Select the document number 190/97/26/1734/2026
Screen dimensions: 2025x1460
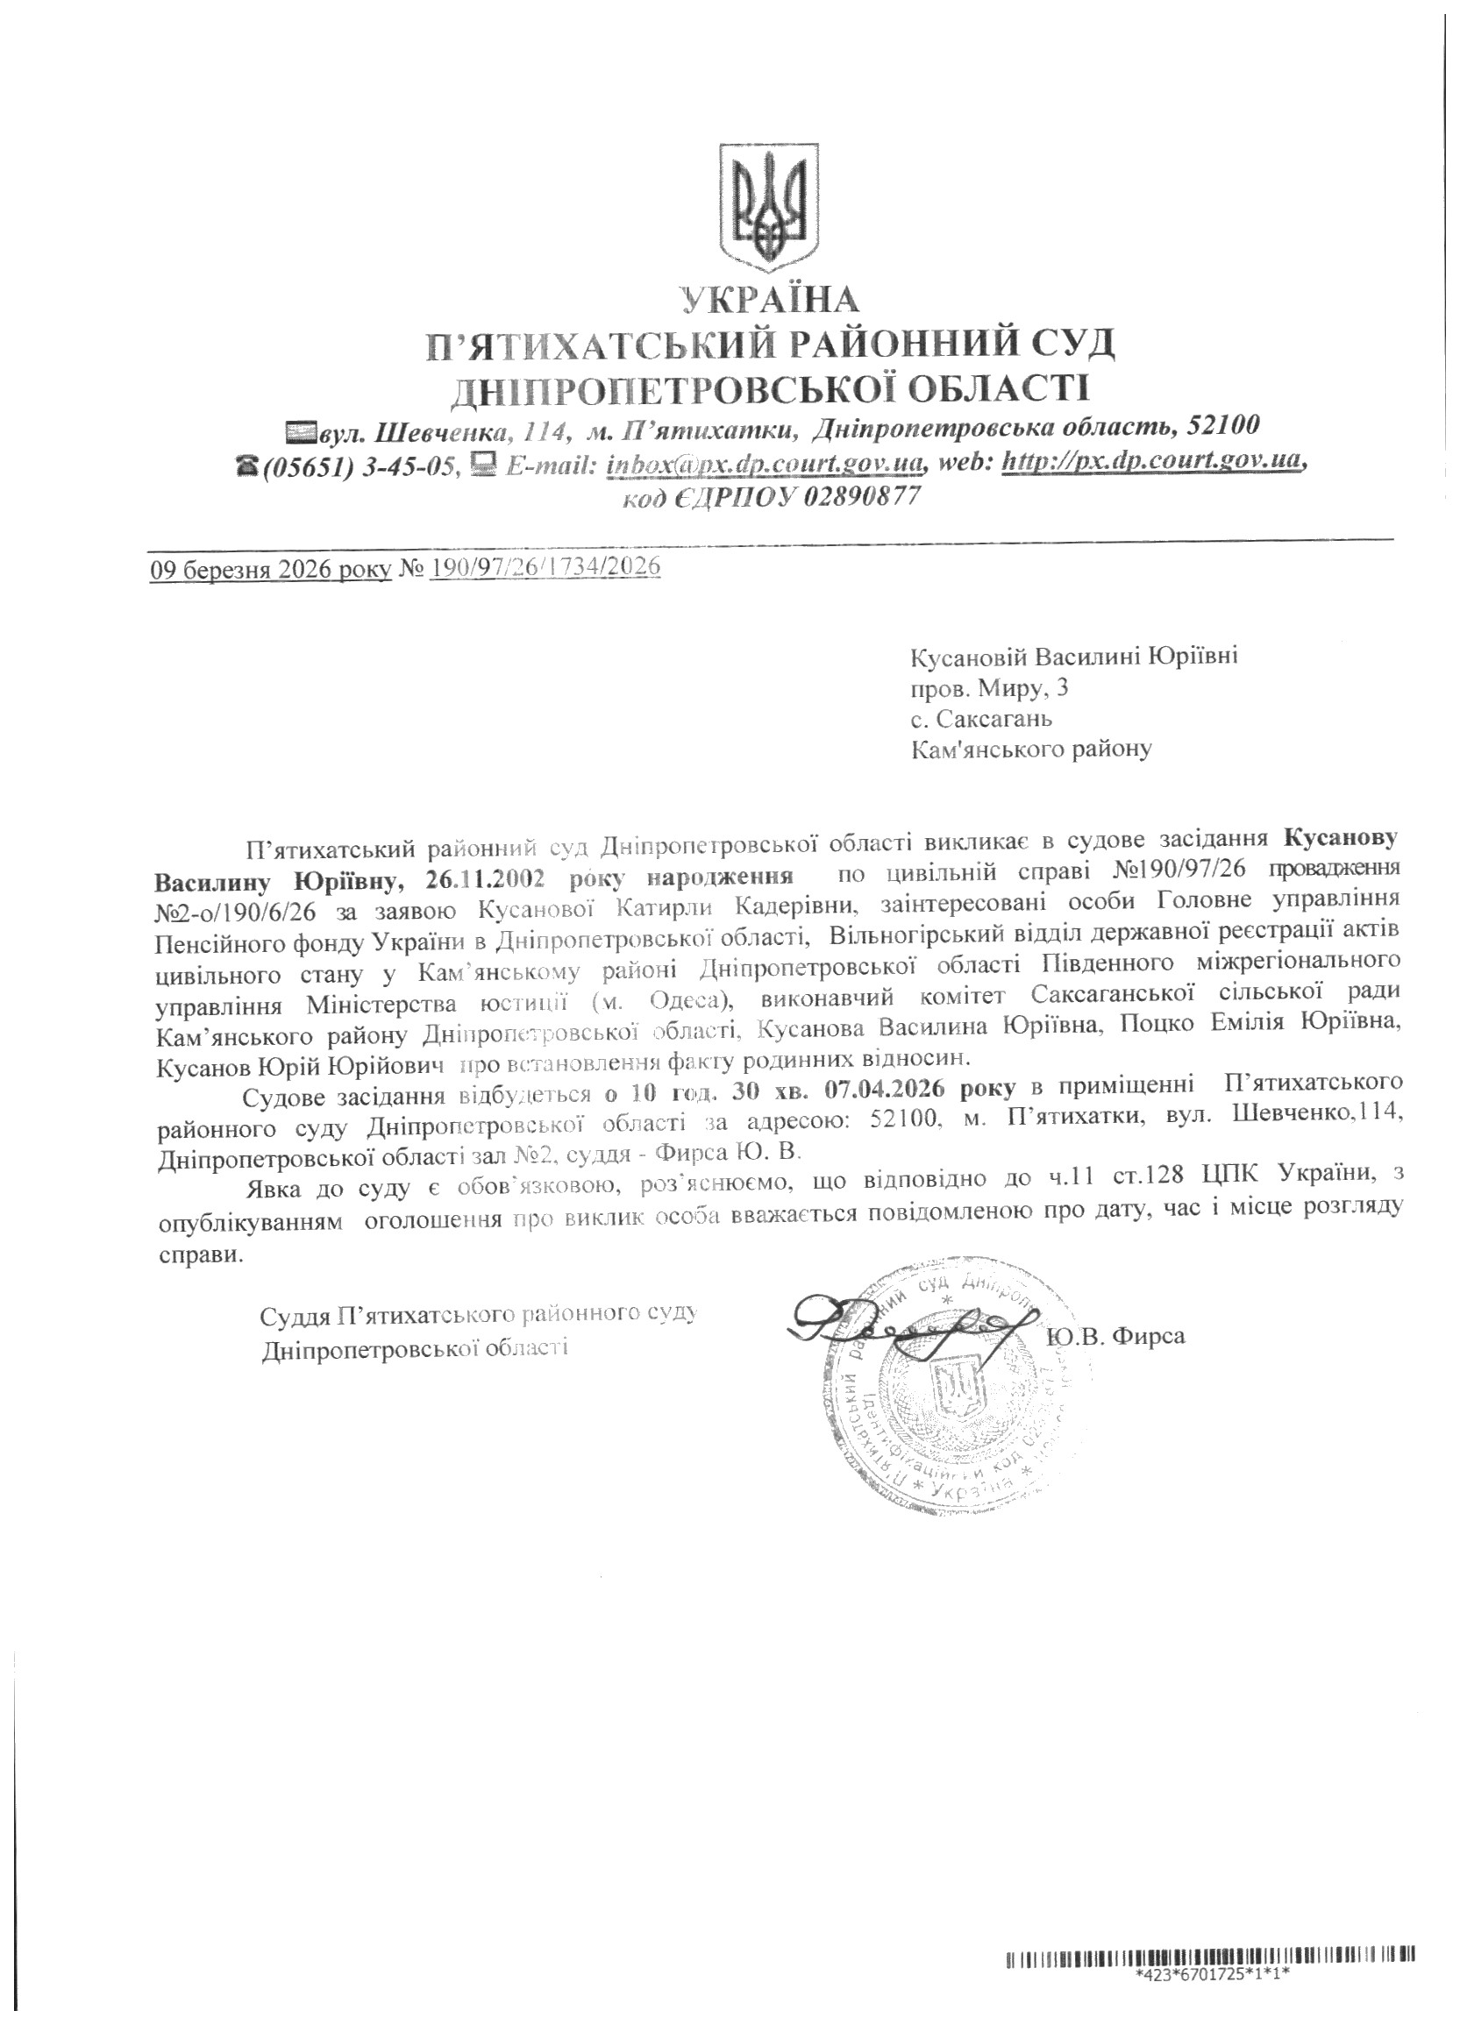click(545, 568)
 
